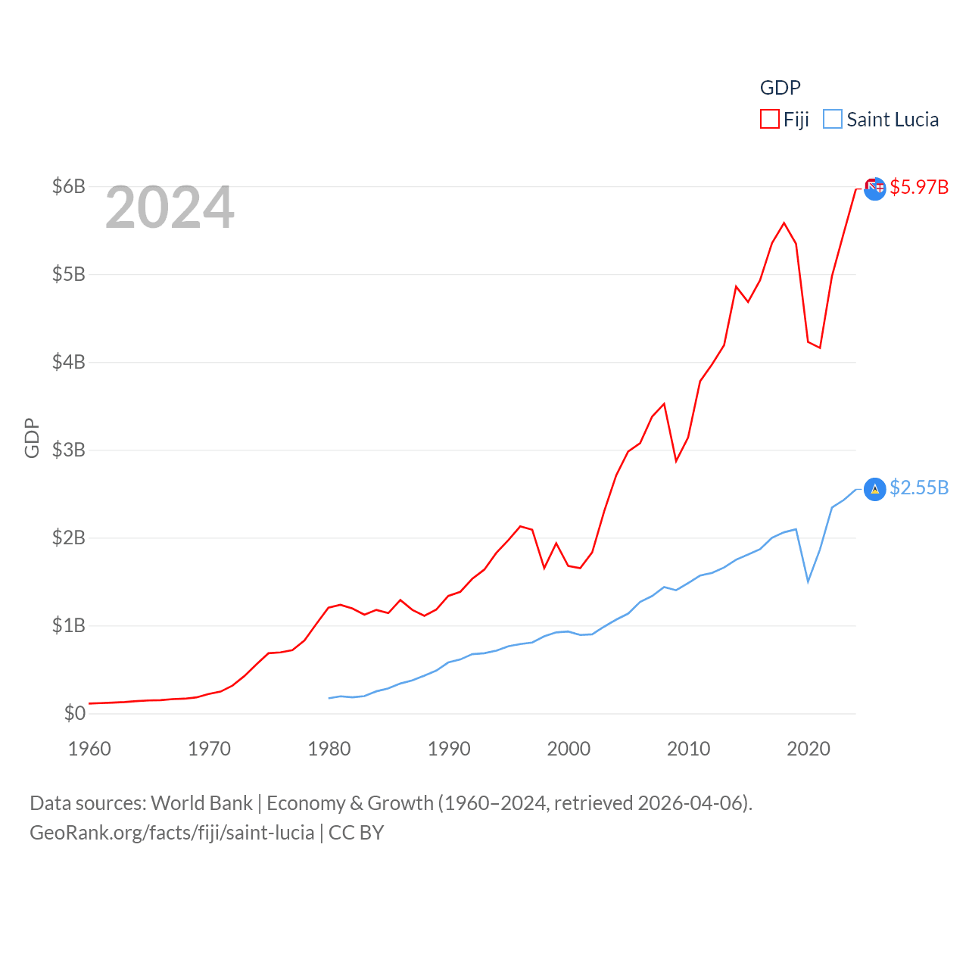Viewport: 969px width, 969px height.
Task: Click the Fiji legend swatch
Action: (x=770, y=120)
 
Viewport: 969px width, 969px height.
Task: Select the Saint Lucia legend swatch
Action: (x=833, y=120)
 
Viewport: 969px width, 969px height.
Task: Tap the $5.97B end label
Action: (x=919, y=187)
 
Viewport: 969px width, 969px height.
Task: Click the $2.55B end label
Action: (x=919, y=488)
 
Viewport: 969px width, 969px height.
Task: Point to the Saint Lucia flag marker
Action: (x=874, y=490)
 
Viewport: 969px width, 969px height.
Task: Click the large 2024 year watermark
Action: (x=170, y=207)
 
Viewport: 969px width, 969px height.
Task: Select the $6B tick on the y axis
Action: (x=68, y=186)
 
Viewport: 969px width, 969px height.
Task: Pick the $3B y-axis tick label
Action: (x=68, y=450)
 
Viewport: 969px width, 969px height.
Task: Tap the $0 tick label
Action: (x=74, y=713)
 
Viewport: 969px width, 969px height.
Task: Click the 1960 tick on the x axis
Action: (x=89, y=749)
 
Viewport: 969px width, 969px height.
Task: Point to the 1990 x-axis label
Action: (x=449, y=749)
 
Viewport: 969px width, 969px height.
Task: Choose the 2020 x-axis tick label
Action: (x=809, y=749)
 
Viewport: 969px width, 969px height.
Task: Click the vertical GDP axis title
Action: (x=32, y=438)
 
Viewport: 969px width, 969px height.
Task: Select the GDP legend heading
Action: (x=780, y=88)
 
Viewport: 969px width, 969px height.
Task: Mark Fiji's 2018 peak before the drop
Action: (x=784, y=223)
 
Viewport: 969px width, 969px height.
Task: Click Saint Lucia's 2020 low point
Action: (x=809, y=581)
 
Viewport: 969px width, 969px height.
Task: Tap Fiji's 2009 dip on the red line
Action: (x=676, y=460)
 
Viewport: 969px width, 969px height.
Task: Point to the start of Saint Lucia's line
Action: (x=329, y=698)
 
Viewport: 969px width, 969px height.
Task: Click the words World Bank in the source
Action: (x=201, y=802)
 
